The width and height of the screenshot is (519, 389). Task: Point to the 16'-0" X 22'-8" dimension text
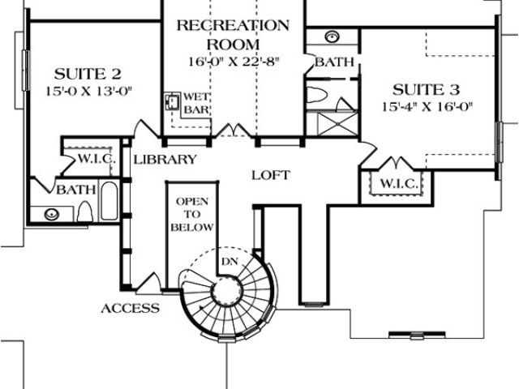233,61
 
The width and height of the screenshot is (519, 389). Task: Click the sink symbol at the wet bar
172,103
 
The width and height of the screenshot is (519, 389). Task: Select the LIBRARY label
165,160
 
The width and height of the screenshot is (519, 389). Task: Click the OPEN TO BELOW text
191,215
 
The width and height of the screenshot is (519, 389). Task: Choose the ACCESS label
130,309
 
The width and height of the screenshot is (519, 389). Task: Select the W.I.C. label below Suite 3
397,184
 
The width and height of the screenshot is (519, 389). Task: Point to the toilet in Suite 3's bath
320,95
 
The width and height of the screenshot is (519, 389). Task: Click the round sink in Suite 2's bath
52,215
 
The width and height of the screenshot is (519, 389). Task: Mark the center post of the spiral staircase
221,293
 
